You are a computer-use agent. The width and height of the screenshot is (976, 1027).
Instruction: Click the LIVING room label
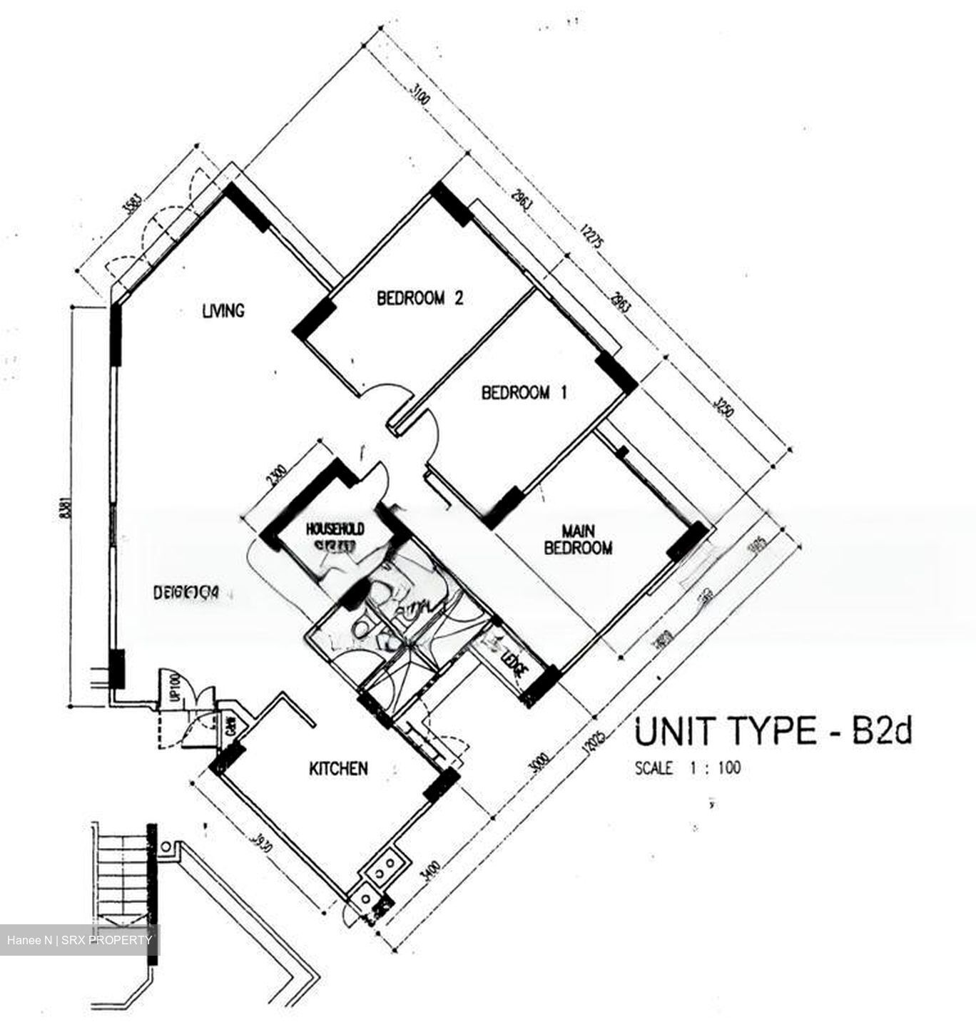pos(223,311)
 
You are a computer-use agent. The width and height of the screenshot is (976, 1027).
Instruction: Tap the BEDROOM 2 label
pos(420,298)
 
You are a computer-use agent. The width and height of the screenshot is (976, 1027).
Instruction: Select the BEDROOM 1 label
pos(524,392)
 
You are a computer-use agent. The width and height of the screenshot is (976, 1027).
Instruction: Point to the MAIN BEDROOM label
pos(578,539)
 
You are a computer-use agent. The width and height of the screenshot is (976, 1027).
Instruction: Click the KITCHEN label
pos(338,768)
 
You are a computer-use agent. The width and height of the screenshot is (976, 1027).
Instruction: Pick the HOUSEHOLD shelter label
pos(335,529)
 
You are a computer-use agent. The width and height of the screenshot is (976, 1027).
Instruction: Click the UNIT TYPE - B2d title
pos(773,732)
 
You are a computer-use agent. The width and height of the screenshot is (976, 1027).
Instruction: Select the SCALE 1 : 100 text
pos(687,768)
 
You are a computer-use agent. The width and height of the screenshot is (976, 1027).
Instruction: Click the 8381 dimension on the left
pos(66,506)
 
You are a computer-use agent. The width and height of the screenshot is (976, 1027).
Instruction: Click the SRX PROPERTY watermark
pos(79,939)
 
